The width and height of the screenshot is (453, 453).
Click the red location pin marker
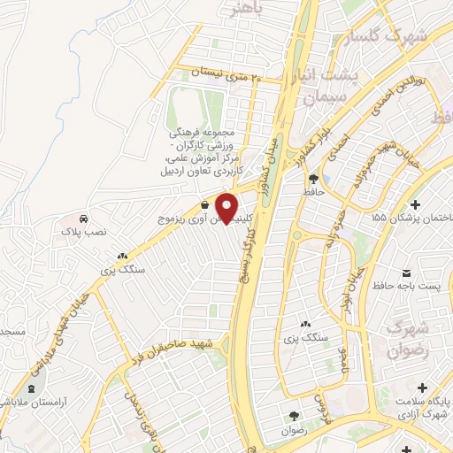coord(227,208)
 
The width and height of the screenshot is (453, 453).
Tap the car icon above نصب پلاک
coord(81,219)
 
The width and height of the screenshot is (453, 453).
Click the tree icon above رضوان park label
coord(293,416)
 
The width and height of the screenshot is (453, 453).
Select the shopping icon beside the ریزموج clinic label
coord(205,207)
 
